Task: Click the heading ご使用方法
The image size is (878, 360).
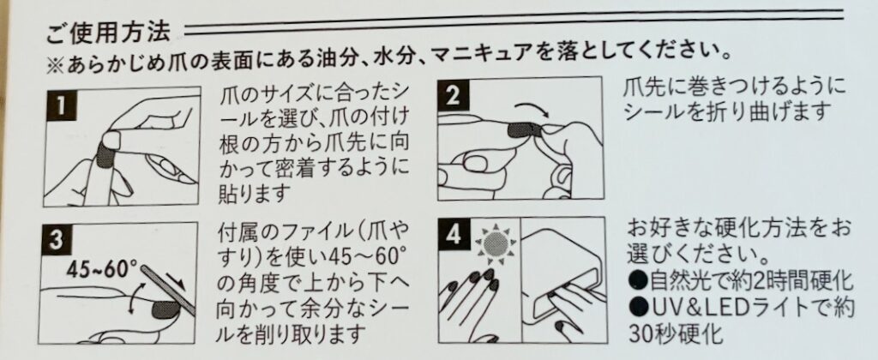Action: coord(109,34)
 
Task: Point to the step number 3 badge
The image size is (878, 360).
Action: coord(55,240)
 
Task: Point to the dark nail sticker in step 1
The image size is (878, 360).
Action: coord(105,153)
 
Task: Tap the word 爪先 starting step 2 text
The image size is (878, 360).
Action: coord(642,90)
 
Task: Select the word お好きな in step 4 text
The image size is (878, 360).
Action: coord(665,230)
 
